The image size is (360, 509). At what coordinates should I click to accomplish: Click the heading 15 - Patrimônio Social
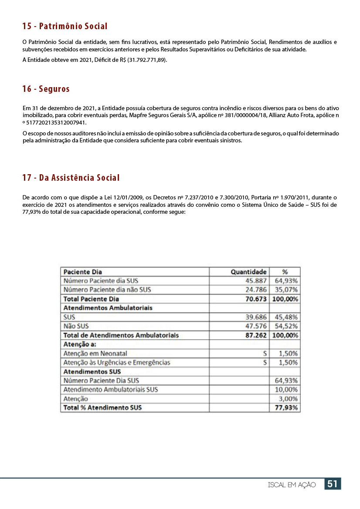click(65, 27)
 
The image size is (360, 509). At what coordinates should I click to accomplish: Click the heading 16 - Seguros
click(46, 89)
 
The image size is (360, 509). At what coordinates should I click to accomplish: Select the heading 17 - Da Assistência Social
click(71, 178)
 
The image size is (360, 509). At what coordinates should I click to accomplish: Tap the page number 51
click(333, 484)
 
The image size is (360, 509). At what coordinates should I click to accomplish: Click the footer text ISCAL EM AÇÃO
click(292, 485)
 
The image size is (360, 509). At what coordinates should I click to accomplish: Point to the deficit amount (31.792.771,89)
click(146, 60)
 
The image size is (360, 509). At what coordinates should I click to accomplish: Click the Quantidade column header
click(248, 272)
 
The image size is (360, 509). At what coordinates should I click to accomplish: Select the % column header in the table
click(285, 272)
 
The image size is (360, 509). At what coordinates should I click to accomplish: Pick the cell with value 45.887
click(256, 281)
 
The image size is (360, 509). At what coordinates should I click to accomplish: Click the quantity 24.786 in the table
click(256, 290)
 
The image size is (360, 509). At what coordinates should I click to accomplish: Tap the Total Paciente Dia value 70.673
click(256, 299)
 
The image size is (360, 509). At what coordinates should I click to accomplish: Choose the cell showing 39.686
click(256, 317)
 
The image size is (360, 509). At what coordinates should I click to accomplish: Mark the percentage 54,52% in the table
click(286, 326)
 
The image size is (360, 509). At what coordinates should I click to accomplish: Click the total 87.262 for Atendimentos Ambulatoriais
click(256, 335)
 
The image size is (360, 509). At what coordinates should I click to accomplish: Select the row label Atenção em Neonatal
click(95, 354)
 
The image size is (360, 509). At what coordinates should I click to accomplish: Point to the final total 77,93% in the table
click(286, 408)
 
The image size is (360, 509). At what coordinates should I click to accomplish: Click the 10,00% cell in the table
click(286, 390)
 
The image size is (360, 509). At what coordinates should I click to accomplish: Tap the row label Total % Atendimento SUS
click(103, 408)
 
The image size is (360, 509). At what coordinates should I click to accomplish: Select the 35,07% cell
click(286, 290)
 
